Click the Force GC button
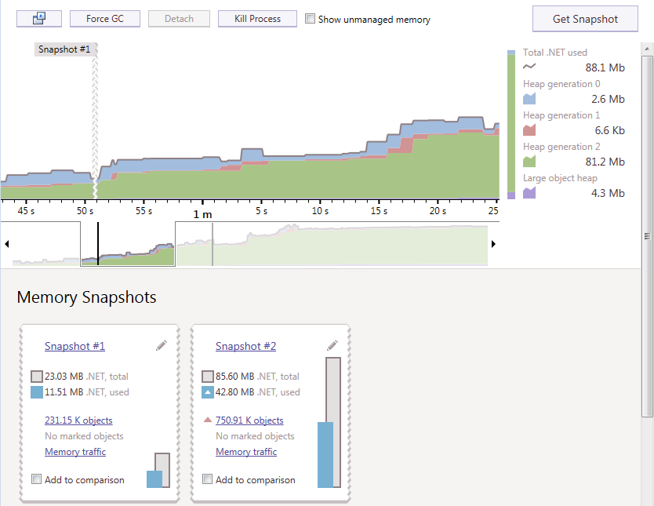pyautogui.click(x=104, y=19)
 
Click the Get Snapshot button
pyautogui.click(x=585, y=19)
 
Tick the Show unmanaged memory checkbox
pyautogui.click(x=311, y=19)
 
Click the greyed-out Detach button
pyautogui.click(x=180, y=19)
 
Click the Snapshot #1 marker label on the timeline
pyautogui.click(x=64, y=49)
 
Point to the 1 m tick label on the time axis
pyautogui.click(x=202, y=213)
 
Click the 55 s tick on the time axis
pyautogui.click(x=144, y=211)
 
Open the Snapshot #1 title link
pyautogui.click(x=74, y=346)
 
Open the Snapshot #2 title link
pyautogui.click(x=245, y=346)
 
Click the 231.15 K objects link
pyautogui.click(x=78, y=420)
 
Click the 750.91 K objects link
pyautogui.click(x=249, y=420)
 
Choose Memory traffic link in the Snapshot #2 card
pyautogui.click(x=246, y=452)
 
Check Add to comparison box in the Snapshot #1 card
pyautogui.click(x=37, y=479)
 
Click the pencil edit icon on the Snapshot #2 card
pyautogui.click(x=332, y=345)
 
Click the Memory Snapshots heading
pyautogui.click(x=86, y=297)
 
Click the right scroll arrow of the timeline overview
pyautogui.click(x=493, y=244)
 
